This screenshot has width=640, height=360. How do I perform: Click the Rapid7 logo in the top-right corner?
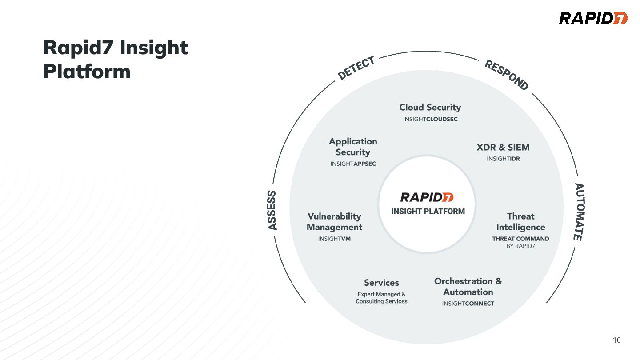(x=593, y=18)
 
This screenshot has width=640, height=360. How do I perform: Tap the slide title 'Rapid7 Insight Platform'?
(x=116, y=60)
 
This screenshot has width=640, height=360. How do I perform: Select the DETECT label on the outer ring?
(x=356, y=68)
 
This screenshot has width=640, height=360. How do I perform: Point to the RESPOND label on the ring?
(x=506, y=75)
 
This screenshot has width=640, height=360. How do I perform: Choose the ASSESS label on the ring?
(x=272, y=210)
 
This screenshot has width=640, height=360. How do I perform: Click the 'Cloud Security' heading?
(x=430, y=107)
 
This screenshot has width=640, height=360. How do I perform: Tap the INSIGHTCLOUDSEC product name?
(x=430, y=119)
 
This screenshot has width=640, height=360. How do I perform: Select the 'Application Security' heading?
(x=353, y=147)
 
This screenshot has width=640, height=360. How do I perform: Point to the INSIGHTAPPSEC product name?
(x=353, y=164)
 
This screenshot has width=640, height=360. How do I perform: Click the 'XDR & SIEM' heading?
(x=503, y=147)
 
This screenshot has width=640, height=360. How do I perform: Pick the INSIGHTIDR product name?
(x=503, y=159)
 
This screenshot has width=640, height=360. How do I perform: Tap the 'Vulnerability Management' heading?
(x=334, y=221)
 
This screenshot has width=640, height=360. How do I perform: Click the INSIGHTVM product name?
(x=334, y=239)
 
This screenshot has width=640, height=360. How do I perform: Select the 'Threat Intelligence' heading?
(x=520, y=221)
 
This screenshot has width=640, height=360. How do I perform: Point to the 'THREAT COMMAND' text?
(x=520, y=239)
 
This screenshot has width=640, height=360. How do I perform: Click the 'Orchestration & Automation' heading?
(x=468, y=286)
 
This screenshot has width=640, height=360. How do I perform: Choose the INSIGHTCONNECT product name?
(x=468, y=304)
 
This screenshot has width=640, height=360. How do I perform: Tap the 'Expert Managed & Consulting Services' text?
(x=381, y=298)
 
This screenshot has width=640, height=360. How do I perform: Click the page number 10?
(x=616, y=340)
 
